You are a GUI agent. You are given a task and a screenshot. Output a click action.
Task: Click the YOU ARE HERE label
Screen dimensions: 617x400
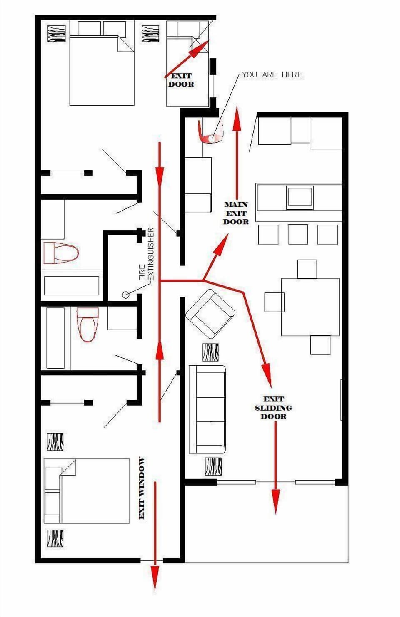(x=272, y=74)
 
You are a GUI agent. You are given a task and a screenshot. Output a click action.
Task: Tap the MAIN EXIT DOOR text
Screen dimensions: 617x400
(x=236, y=213)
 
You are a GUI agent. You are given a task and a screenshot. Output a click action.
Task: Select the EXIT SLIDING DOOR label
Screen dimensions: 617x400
(x=273, y=408)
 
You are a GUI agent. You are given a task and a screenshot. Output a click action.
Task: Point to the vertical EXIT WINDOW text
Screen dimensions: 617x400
(x=142, y=488)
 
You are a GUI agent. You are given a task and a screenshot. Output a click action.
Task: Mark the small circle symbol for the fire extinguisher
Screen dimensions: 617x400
(x=125, y=295)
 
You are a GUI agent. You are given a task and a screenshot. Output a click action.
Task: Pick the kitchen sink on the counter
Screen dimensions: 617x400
(x=300, y=197)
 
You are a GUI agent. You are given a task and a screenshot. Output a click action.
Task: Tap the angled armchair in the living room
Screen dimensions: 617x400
(x=210, y=314)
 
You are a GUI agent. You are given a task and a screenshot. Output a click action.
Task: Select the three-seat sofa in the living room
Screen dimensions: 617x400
(x=207, y=409)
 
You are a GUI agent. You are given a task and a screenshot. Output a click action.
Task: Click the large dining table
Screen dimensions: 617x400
(x=310, y=307)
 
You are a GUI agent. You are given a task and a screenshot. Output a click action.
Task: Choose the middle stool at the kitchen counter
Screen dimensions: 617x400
(x=298, y=235)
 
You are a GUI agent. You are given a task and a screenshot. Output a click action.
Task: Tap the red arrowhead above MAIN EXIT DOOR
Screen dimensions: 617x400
(x=237, y=119)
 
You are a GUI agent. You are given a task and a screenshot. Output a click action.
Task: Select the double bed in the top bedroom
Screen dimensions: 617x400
(x=102, y=71)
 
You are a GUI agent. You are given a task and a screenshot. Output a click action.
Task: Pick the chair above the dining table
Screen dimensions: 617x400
(x=307, y=269)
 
